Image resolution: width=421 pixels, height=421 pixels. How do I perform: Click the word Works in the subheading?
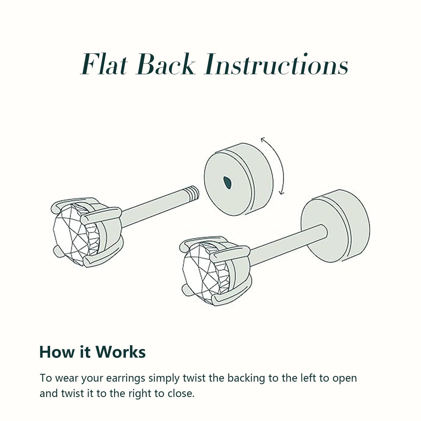[120, 352]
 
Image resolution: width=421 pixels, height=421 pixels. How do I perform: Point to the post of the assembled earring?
[288, 245]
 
